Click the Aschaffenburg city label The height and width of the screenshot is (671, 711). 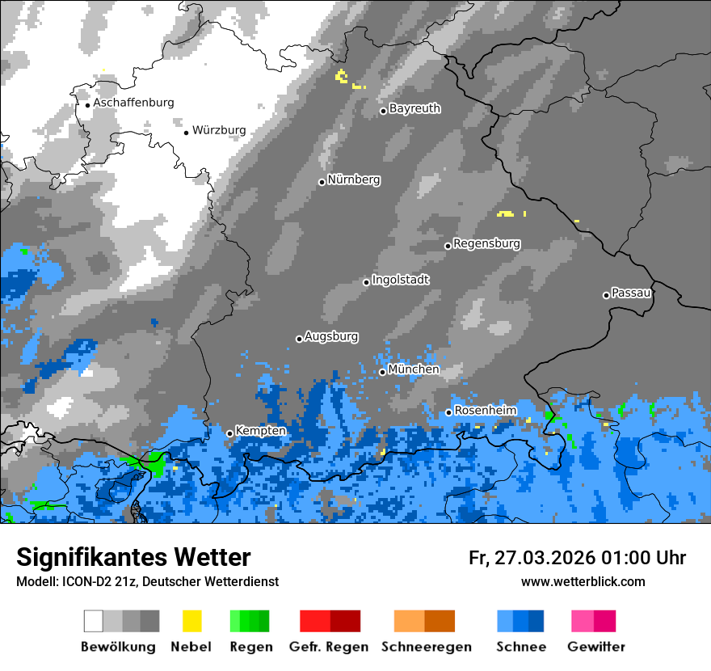point(133,103)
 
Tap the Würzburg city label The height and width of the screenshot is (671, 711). point(219,130)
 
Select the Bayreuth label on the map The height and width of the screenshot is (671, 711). point(414,108)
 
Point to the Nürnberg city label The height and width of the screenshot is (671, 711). point(354,179)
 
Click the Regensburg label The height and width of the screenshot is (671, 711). point(486,243)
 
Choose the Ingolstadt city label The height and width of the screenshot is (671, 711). point(400,280)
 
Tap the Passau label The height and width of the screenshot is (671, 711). point(631,293)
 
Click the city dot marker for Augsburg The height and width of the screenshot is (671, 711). point(299,339)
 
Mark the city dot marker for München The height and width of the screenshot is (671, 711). point(382,372)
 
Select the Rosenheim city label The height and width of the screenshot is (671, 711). point(485,411)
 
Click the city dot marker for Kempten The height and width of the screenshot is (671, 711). point(229,433)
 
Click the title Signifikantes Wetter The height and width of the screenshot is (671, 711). point(133,557)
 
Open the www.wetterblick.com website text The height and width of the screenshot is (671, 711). point(583,581)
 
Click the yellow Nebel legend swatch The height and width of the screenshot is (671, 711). point(191,621)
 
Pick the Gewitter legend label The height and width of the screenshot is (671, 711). point(595,647)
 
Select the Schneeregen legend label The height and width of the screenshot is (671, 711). point(426,647)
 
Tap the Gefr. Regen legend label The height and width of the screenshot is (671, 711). point(329,647)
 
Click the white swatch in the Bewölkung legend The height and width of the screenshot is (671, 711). point(94,621)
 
